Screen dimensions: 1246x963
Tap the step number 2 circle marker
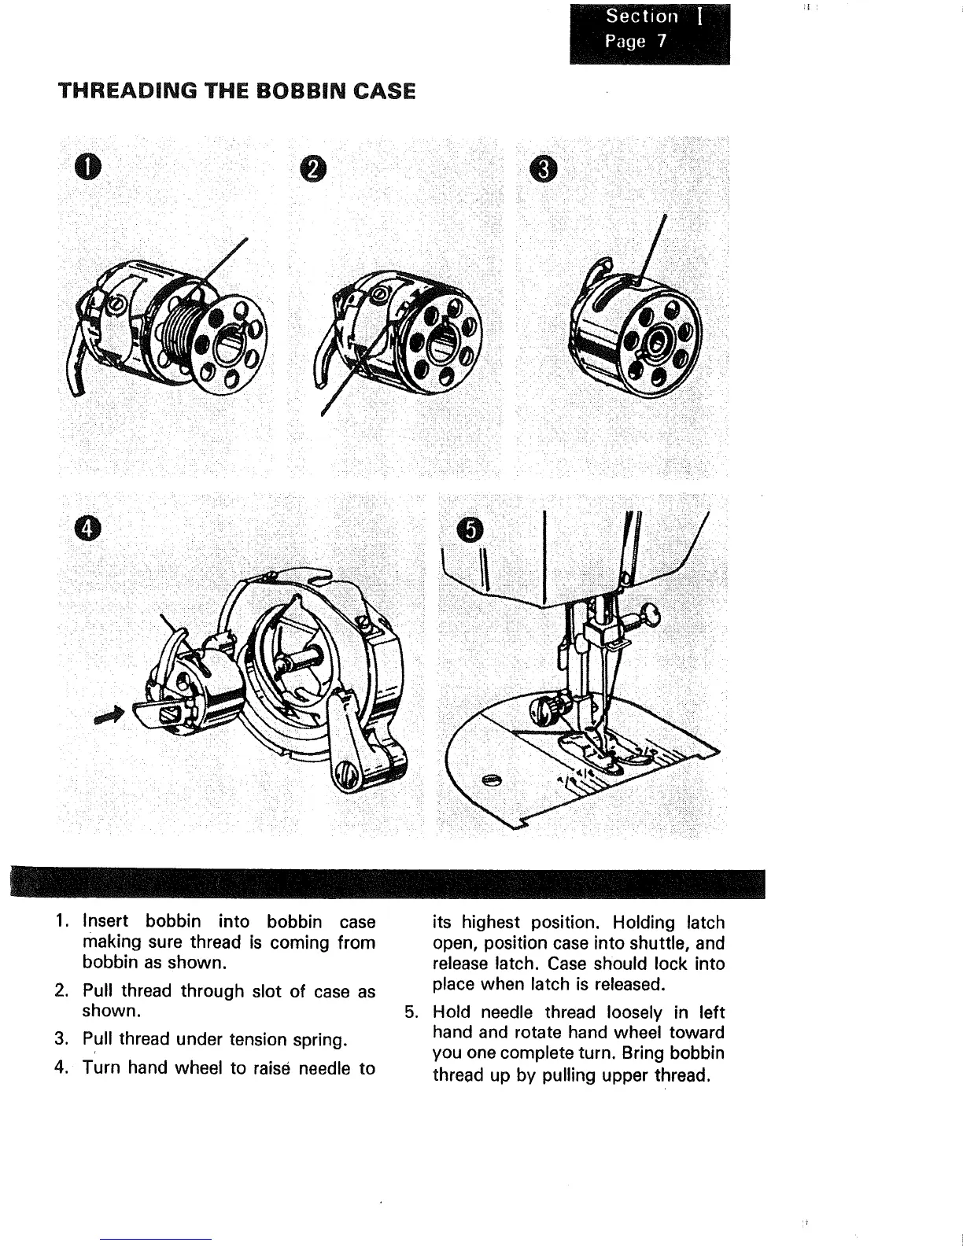(x=312, y=167)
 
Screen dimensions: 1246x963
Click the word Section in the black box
(x=641, y=17)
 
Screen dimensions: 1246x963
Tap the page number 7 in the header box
(x=662, y=42)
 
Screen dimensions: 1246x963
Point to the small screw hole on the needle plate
(x=493, y=780)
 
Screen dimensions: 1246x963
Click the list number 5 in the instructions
(x=409, y=1012)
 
